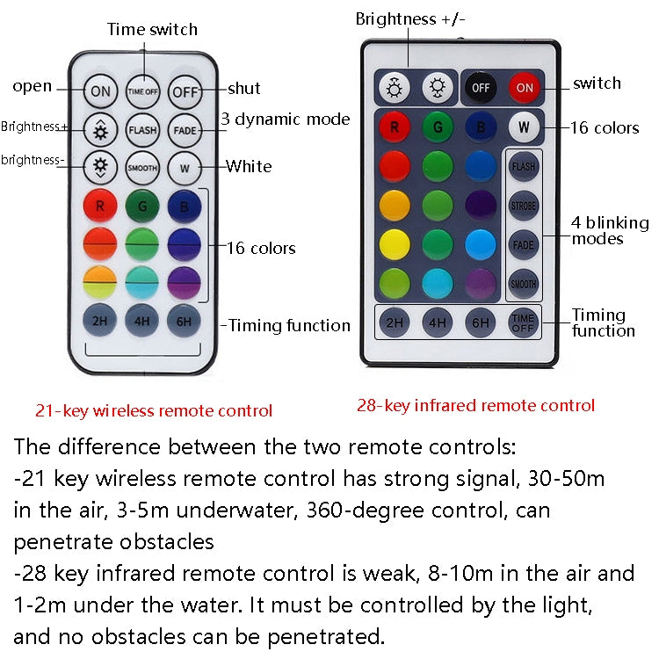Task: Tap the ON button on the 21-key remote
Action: [x=101, y=90]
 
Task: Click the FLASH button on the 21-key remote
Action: [x=142, y=129]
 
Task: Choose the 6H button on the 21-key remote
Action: [x=185, y=320]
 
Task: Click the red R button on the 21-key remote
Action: [x=100, y=206]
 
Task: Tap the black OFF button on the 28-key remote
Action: [x=481, y=87]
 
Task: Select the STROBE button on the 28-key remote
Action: [x=523, y=206]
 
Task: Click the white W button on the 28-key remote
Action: [x=524, y=127]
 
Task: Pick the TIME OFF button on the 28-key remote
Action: [x=524, y=322]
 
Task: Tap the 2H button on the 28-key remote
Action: [x=395, y=322]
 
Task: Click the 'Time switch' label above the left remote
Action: [x=152, y=30]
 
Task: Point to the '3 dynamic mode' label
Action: [x=285, y=119]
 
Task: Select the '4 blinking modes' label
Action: [x=610, y=230]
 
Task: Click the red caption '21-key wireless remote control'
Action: [x=154, y=410]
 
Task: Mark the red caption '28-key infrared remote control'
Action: [x=475, y=405]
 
